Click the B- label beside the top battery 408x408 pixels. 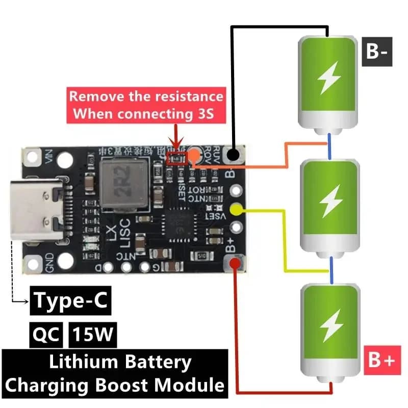(x=377, y=52)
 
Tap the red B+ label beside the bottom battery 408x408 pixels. (x=380, y=361)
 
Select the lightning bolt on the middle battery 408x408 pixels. (x=329, y=202)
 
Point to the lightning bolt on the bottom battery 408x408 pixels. (x=329, y=325)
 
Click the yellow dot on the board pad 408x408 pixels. (x=236, y=209)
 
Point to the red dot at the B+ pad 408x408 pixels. (x=235, y=263)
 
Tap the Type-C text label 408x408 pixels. (x=70, y=301)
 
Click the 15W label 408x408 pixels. (x=93, y=335)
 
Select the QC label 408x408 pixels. (x=46, y=335)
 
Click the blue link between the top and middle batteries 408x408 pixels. (x=330, y=145)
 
